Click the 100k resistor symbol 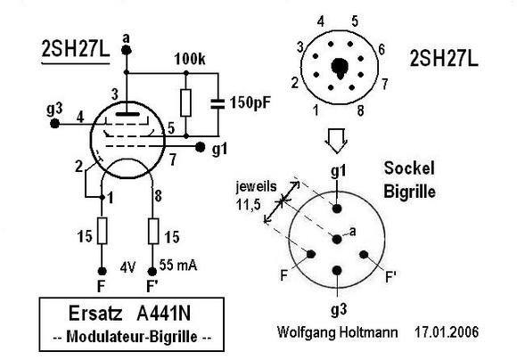[186, 102]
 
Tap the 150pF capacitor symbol [217, 103]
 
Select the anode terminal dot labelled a [127, 51]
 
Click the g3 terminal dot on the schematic [54, 124]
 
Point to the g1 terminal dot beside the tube [200, 147]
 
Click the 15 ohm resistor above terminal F [103, 231]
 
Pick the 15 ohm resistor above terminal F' [153, 231]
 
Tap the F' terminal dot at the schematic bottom [152, 272]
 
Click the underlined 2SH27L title [75, 49]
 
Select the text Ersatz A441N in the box [129, 313]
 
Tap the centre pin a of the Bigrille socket [337, 239]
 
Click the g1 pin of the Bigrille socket [337, 209]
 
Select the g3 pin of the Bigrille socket [337, 270]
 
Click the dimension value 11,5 [249, 205]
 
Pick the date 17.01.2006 [446, 331]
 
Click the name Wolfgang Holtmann [337, 332]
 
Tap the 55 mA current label [178, 265]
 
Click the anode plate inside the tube [127, 114]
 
